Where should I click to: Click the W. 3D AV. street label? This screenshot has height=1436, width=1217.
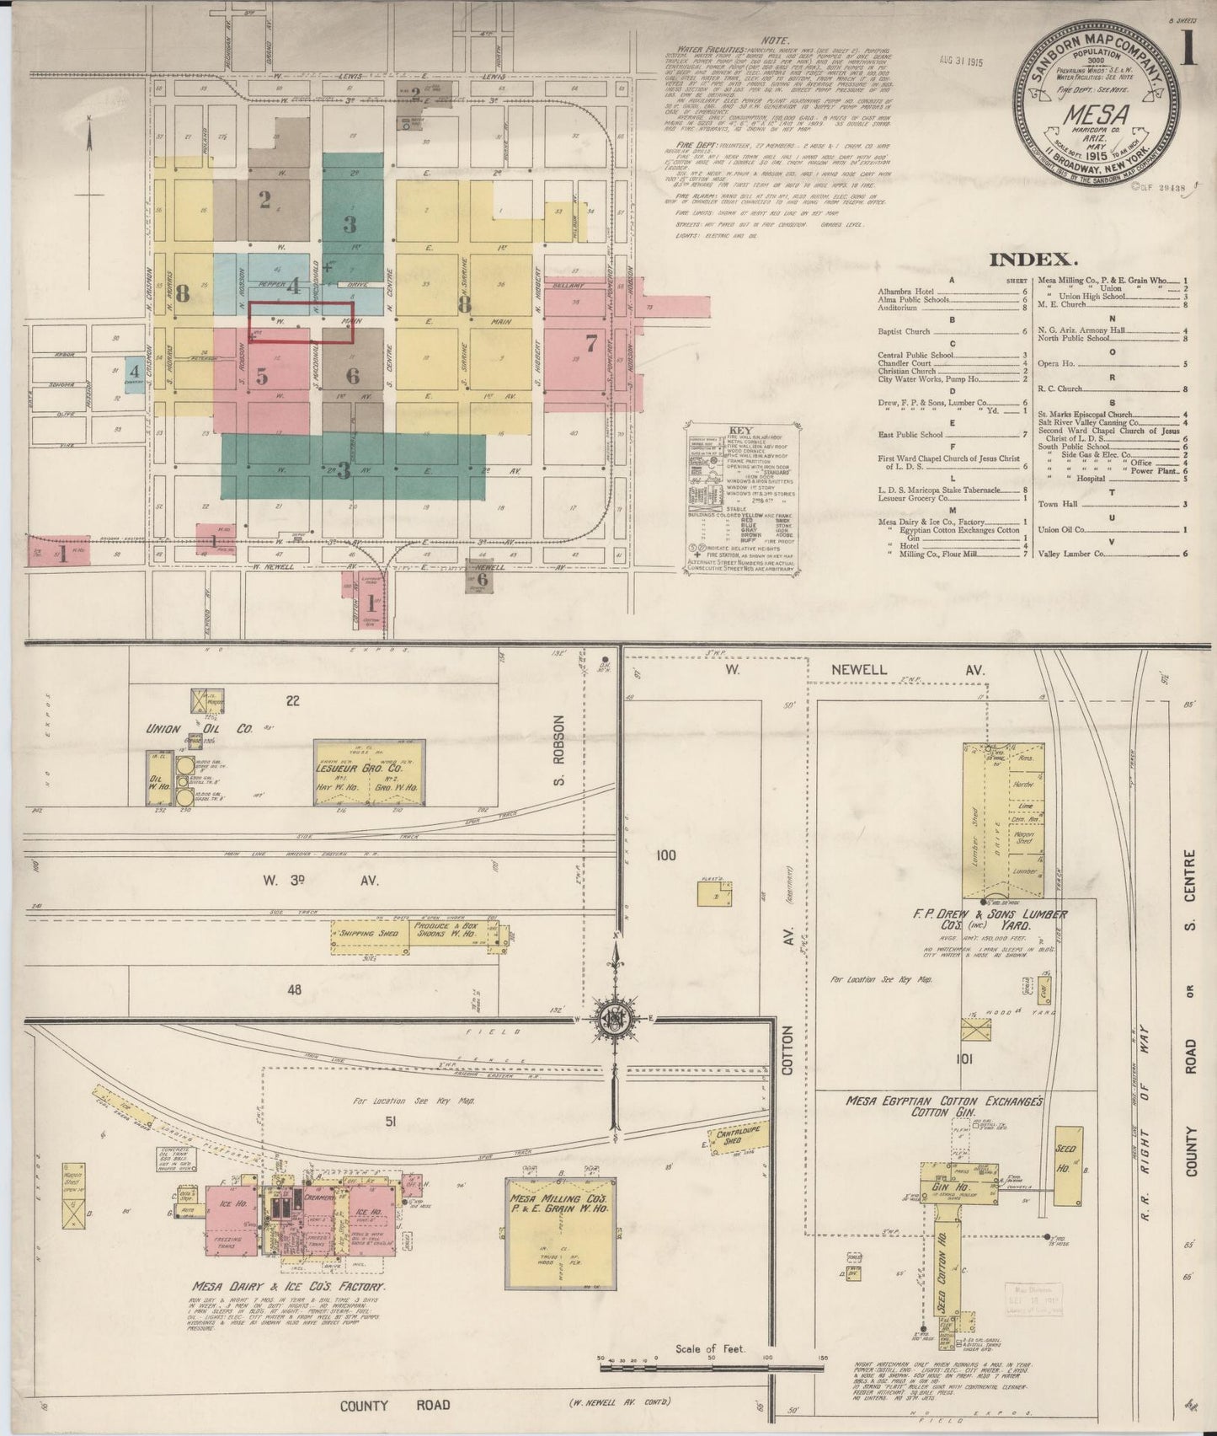coord(320,881)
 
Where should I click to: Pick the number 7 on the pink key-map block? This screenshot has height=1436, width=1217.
coord(590,343)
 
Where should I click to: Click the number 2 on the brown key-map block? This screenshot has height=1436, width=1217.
coord(264,200)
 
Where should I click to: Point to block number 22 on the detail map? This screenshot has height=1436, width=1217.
coord(292,699)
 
